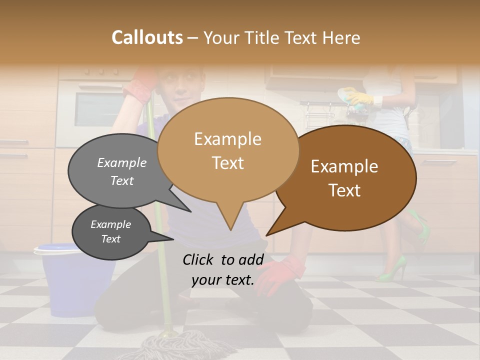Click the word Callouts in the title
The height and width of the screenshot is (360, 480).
click(147, 37)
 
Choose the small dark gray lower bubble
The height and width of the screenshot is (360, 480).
click(110, 231)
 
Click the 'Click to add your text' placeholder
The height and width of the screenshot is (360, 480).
click(222, 269)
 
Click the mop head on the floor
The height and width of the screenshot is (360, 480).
click(170, 345)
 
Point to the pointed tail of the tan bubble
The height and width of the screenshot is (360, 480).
click(230, 222)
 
